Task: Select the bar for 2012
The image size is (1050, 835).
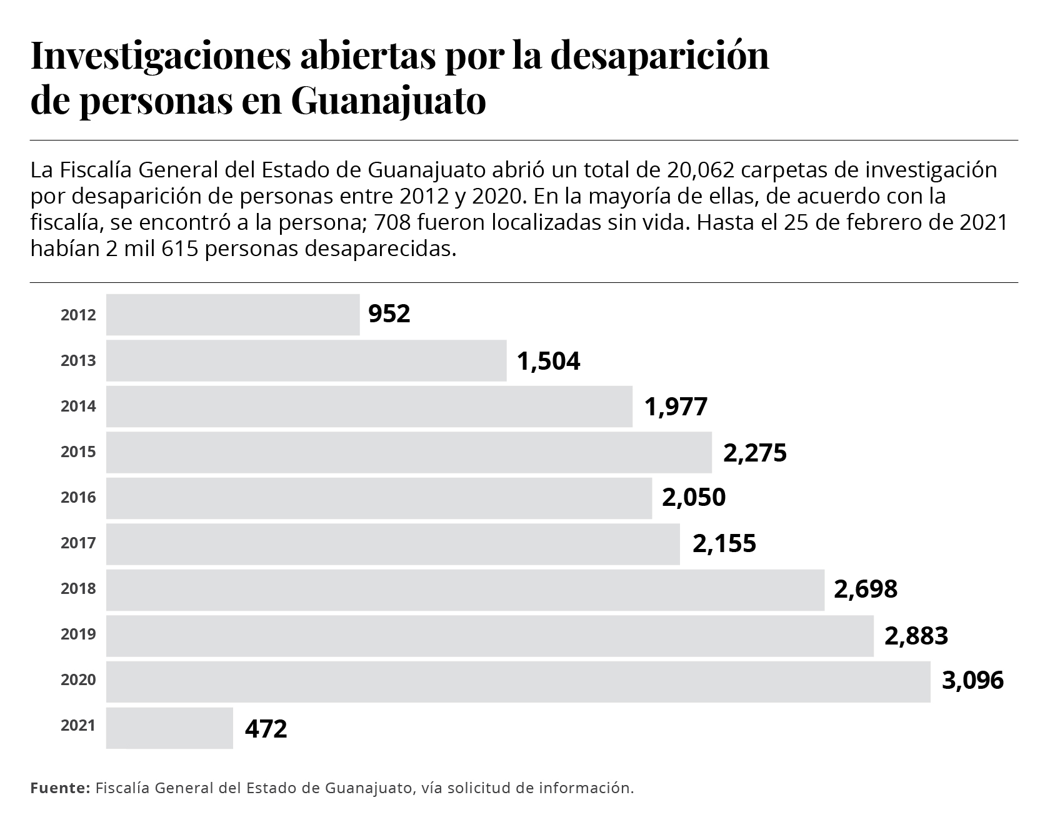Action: coord(232,315)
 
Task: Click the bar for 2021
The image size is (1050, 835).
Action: coord(169,728)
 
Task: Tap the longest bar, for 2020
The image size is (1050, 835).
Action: coord(518,681)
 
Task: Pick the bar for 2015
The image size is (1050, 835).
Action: coord(409,452)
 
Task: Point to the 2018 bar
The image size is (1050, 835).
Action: coord(465,590)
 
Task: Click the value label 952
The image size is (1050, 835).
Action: coord(389,314)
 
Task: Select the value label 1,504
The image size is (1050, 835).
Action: coord(549,361)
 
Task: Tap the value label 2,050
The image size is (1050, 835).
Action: coord(694,498)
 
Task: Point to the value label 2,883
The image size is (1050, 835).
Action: coord(916,636)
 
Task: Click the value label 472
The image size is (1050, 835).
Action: coord(266,728)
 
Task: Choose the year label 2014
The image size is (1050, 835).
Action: coord(78,407)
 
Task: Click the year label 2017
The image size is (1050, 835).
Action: coord(78,543)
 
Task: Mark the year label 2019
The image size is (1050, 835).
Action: coord(78,635)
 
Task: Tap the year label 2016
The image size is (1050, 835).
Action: coord(78,498)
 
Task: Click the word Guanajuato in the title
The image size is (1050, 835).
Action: coord(388,102)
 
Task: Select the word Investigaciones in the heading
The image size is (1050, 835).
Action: coord(161,56)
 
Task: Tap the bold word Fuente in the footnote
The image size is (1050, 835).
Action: coord(61,788)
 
